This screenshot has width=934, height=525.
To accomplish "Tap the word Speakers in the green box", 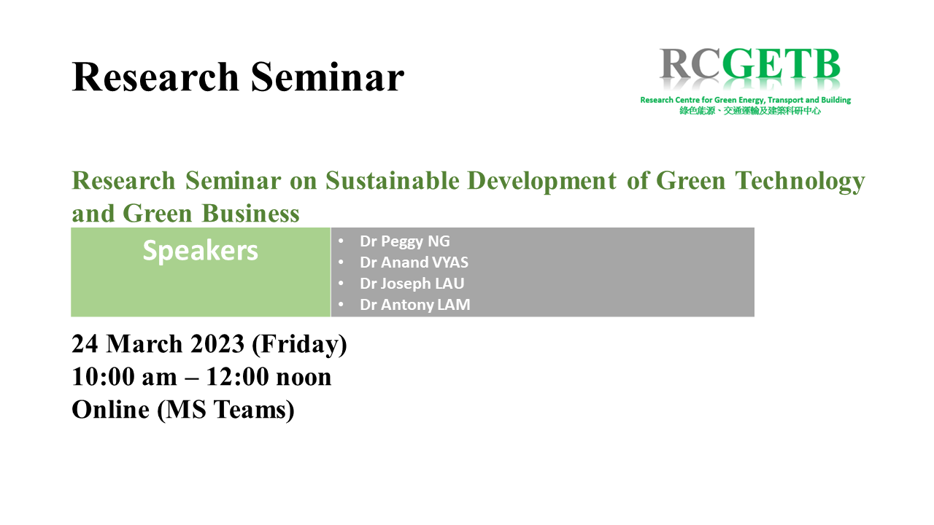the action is click(x=200, y=251).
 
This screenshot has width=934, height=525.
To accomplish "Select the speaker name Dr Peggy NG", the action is click(x=405, y=241).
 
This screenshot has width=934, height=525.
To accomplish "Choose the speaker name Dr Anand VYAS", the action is click(x=414, y=262).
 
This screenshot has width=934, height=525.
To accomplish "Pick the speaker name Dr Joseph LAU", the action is click(x=412, y=284).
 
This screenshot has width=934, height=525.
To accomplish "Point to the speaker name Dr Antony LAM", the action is click(x=415, y=305).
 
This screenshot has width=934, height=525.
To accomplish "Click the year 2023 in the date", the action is click(x=217, y=344).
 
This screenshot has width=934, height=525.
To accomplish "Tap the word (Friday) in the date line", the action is click(x=299, y=345).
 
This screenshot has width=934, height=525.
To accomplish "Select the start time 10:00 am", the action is click(x=124, y=377).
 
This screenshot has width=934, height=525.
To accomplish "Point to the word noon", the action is click(x=304, y=378).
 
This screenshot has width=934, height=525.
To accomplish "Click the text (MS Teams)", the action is click(x=225, y=410).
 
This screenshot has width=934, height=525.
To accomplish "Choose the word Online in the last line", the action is click(x=110, y=409).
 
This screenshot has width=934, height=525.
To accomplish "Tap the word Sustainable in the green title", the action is click(x=393, y=181).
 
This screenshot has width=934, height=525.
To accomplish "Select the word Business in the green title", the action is click(x=250, y=214).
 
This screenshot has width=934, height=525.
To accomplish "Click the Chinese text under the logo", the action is click(x=750, y=111).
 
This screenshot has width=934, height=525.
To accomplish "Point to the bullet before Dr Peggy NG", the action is click(x=341, y=241).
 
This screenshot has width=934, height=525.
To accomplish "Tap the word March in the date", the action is click(x=144, y=344).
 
